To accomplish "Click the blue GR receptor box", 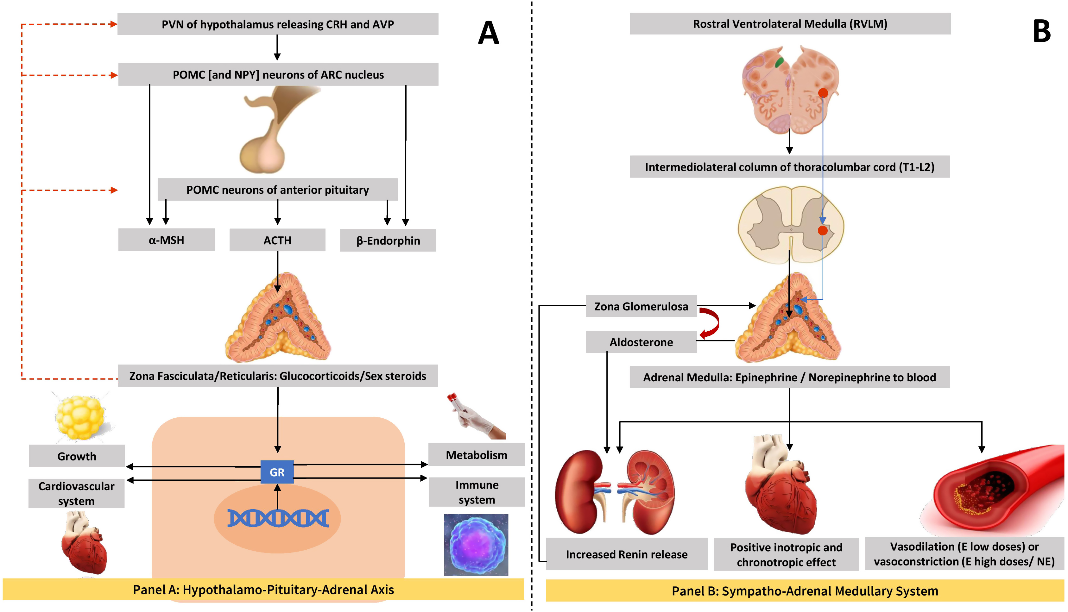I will point(277,472).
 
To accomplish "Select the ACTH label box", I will point(277,240).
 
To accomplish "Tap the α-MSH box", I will point(166,240).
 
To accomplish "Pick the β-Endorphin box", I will point(388,240).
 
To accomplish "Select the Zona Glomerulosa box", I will point(641,306).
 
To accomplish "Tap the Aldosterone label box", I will point(641,342).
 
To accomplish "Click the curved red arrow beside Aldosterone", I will point(710,323).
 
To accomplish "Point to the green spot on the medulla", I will point(779,63).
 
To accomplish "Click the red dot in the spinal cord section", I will point(822,230).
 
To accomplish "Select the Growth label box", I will point(77,456).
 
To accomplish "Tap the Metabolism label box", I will point(477,455).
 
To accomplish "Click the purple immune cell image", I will point(476,545).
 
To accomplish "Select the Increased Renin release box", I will point(627,554).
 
